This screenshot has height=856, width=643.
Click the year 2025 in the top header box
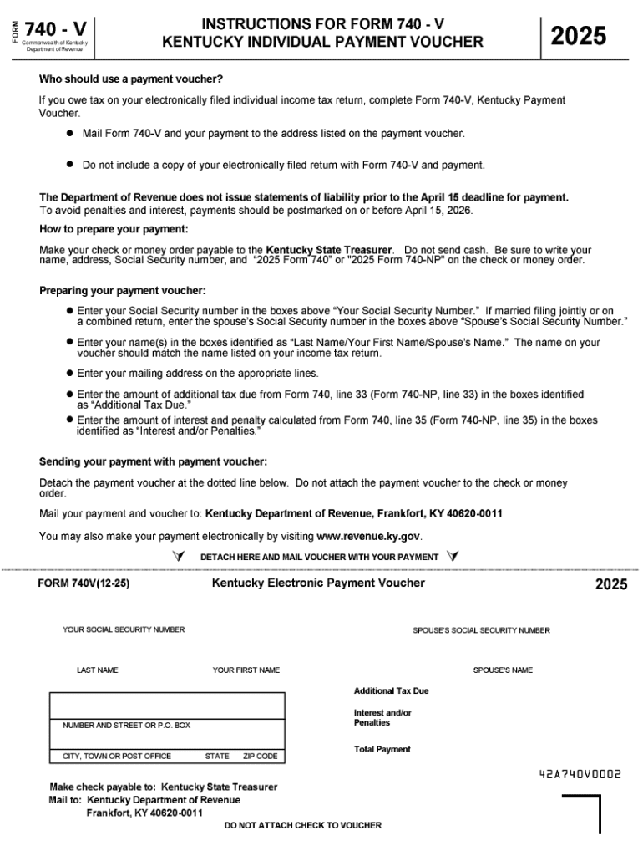(x=578, y=36)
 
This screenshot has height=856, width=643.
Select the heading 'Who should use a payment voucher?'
(x=131, y=79)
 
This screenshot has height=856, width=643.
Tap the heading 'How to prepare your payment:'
(x=114, y=229)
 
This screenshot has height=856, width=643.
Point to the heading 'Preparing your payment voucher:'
(x=122, y=291)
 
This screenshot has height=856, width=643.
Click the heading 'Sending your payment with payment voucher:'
(x=153, y=461)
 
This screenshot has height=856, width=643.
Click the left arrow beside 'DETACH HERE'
(x=177, y=557)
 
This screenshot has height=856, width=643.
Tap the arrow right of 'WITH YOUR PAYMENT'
(x=452, y=557)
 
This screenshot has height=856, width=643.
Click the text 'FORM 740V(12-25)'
(x=84, y=584)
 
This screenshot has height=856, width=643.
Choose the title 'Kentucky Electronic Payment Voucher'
(x=318, y=583)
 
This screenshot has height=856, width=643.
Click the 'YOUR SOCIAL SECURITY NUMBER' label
(x=124, y=629)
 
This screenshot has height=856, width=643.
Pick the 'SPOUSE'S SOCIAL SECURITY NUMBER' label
(x=481, y=630)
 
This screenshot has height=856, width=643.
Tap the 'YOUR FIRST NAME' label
(x=246, y=670)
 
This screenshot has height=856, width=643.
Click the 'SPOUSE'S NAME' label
(x=503, y=670)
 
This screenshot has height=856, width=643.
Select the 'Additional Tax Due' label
(x=391, y=691)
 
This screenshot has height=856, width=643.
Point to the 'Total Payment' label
(x=382, y=750)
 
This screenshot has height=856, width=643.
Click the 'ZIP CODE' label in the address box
(x=260, y=756)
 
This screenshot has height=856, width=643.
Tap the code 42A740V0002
(x=580, y=774)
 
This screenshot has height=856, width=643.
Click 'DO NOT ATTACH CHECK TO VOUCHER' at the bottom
(x=303, y=825)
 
